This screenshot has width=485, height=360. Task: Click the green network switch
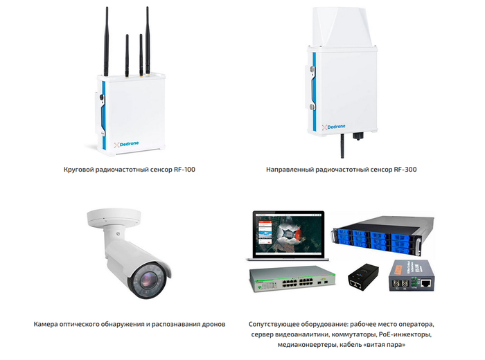pos(291,276)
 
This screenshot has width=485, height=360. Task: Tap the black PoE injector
pos(360,276)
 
